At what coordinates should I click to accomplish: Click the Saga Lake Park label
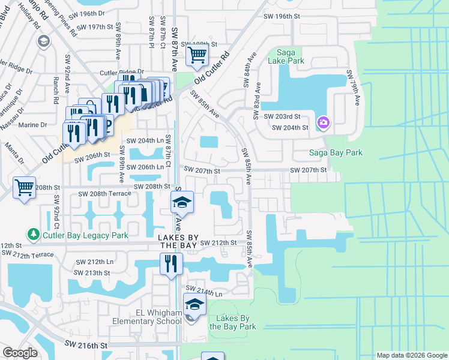click(291, 56)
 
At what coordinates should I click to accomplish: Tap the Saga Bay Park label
click(336, 153)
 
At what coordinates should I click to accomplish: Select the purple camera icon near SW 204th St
click(324, 122)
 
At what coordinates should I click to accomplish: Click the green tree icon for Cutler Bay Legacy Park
click(34, 233)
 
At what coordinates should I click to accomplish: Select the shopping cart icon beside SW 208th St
click(24, 188)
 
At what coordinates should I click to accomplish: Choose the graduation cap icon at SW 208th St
click(182, 203)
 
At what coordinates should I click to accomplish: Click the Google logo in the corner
click(20, 352)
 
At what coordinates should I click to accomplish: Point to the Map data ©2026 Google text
click(412, 355)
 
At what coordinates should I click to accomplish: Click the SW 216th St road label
click(86, 346)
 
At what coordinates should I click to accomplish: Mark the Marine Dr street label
click(35, 125)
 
